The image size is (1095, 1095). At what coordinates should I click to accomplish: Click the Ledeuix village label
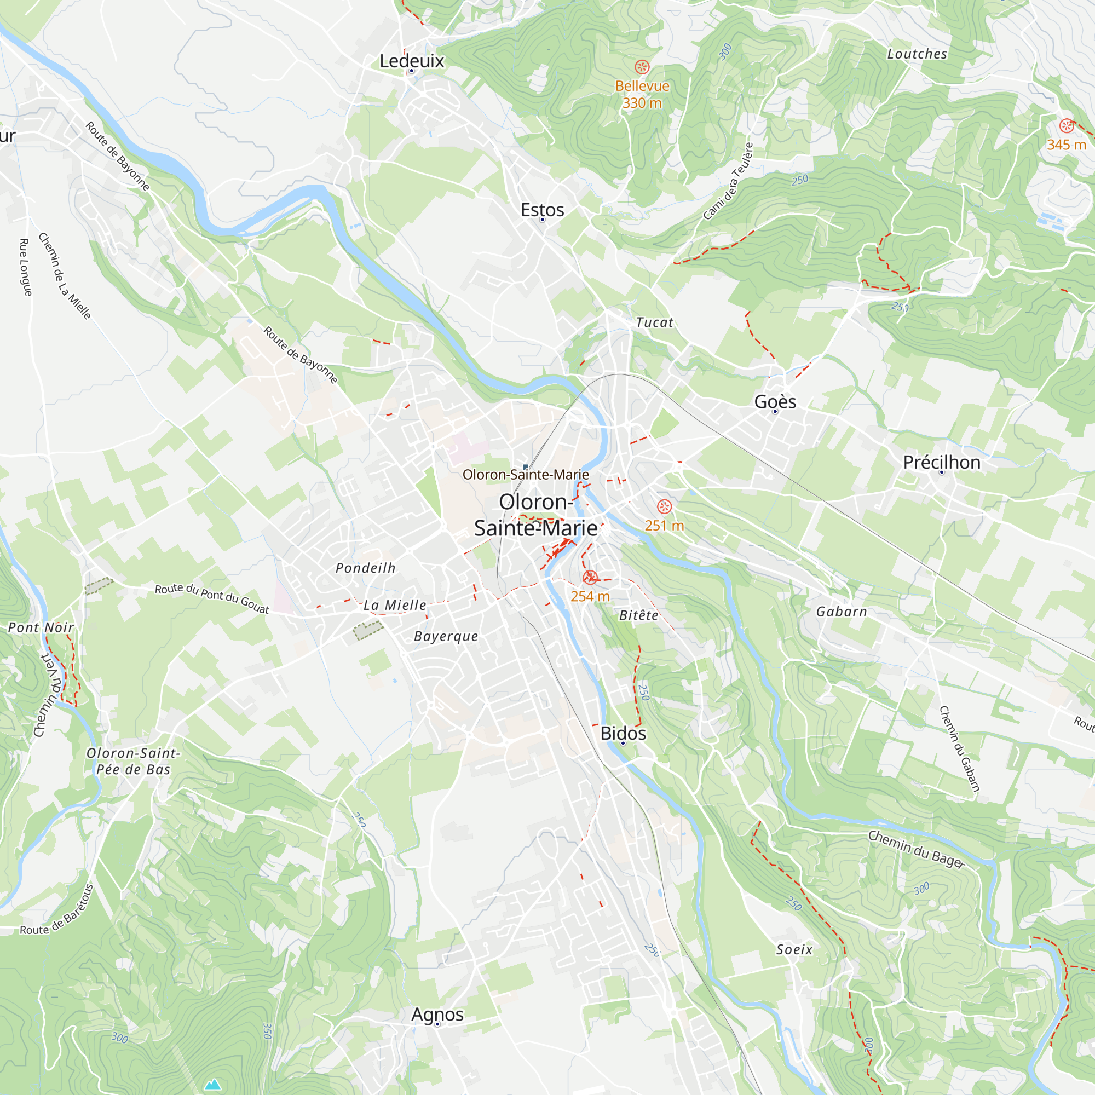[412, 61]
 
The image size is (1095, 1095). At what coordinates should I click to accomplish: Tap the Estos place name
[543, 210]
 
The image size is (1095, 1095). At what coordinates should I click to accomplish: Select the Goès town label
[775, 401]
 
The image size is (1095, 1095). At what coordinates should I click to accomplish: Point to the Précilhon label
[941, 462]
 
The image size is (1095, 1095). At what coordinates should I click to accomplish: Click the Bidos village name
[623, 733]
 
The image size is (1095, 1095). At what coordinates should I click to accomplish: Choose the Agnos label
[437, 1014]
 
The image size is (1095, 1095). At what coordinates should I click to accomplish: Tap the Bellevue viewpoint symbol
[642, 67]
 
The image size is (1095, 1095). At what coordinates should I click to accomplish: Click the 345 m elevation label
[1066, 145]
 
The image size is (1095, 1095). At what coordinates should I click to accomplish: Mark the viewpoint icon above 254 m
[590, 577]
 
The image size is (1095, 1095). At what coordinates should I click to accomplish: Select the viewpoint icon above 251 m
[664, 506]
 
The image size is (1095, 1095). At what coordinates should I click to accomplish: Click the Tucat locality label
[655, 322]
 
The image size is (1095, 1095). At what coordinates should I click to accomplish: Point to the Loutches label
[917, 54]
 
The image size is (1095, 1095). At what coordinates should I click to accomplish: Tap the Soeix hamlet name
[794, 949]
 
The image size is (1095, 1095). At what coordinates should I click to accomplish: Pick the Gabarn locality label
[842, 612]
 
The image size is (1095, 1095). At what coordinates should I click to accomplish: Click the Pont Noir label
[41, 627]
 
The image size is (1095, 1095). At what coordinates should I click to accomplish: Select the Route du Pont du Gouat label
[212, 598]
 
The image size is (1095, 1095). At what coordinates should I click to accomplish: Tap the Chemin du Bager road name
[916, 849]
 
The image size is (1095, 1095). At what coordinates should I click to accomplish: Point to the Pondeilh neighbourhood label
[366, 568]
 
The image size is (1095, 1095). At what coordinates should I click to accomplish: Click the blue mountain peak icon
[212, 1084]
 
